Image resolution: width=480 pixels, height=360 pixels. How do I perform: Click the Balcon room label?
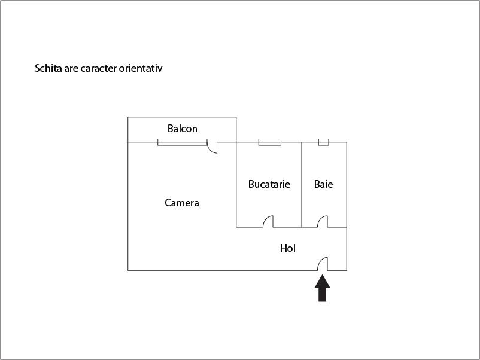click(182, 129)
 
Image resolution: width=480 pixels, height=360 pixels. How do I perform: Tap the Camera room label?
click(182, 203)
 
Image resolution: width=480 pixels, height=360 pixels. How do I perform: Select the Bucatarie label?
click(269, 184)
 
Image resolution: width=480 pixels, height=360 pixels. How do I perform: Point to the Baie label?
click(323, 184)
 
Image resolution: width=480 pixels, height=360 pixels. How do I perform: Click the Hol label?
click(288, 248)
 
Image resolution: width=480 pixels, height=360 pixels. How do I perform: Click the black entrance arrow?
click(323, 288)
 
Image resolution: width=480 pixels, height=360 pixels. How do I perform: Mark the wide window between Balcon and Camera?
click(183, 142)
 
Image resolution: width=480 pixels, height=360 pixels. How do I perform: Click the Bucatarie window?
click(270, 142)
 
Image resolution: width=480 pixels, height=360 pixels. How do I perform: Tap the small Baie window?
click(324, 142)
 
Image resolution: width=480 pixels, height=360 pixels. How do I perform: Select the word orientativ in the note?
click(141, 68)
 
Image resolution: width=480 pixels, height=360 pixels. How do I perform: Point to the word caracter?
click(99, 68)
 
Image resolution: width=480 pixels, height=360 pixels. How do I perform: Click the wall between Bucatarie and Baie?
click(302, 185)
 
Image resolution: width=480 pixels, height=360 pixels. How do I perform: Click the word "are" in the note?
click(71, 69)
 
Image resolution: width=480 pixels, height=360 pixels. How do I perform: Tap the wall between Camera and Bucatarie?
click(236, 185)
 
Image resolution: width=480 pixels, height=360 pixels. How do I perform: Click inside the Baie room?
click(324, 202)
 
